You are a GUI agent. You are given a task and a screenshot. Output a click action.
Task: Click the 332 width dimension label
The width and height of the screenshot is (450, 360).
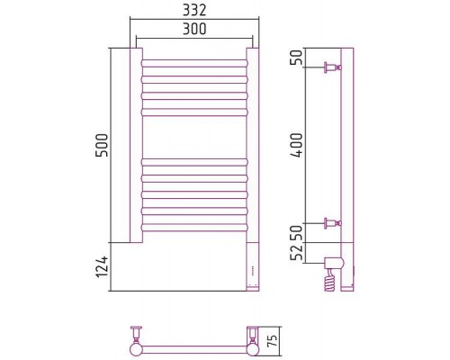click(x=194, y=11)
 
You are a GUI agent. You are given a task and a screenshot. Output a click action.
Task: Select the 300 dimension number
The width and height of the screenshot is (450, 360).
click(x=194, y=29)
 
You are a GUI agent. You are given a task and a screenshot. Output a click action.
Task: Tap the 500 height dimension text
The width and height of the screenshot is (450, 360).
click(x=102, y=146)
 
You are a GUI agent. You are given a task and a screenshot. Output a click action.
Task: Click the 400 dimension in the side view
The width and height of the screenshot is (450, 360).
click(x=298, y=145)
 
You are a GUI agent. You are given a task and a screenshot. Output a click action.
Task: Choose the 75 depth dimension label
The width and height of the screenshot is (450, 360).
click(x=272, y=341)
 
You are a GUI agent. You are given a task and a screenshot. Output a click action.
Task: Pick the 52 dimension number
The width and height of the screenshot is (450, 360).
click(x=298, y=253)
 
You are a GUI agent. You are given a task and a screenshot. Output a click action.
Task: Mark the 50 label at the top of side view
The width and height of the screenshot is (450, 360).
click(x=298, y=58)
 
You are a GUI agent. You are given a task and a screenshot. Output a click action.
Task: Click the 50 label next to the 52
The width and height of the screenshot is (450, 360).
click(x=298, y=233)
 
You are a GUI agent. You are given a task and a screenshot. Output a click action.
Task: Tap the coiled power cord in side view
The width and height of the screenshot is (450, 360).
click(x=329, y=281)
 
